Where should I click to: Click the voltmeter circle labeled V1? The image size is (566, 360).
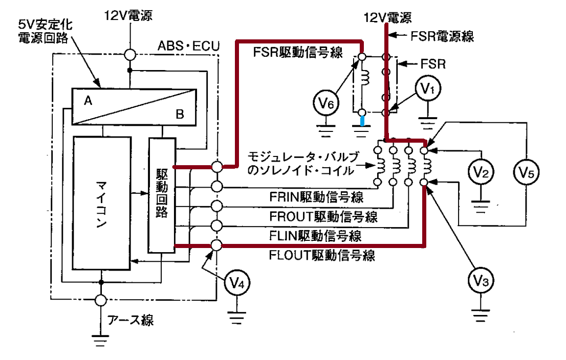[428, 89]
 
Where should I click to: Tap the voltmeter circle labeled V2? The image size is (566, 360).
[481, 172]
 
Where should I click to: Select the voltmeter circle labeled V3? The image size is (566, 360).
[481, 280]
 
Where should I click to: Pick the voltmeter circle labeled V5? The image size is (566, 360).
[526, 172]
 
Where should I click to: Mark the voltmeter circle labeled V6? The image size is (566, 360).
[326, 103]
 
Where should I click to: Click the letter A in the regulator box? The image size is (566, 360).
[88, 101]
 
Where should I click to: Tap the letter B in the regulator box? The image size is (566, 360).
[180, 114]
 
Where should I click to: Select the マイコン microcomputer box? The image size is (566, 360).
[102, 203]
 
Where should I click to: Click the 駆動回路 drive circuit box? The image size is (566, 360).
[162, 195]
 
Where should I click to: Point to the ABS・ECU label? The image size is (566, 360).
[188, 46]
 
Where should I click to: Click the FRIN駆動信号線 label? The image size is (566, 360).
[316, 197]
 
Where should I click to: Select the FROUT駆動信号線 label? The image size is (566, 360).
[323, 216]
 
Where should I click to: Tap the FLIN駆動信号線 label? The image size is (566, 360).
[315, 236]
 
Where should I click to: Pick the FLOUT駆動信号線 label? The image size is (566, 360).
[322, 255]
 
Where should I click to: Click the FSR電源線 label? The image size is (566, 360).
[442, 36]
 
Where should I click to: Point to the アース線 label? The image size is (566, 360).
[130, 320]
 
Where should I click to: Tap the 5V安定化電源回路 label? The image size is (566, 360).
[46, 31]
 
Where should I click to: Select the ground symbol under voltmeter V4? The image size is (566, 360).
[237, 318]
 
